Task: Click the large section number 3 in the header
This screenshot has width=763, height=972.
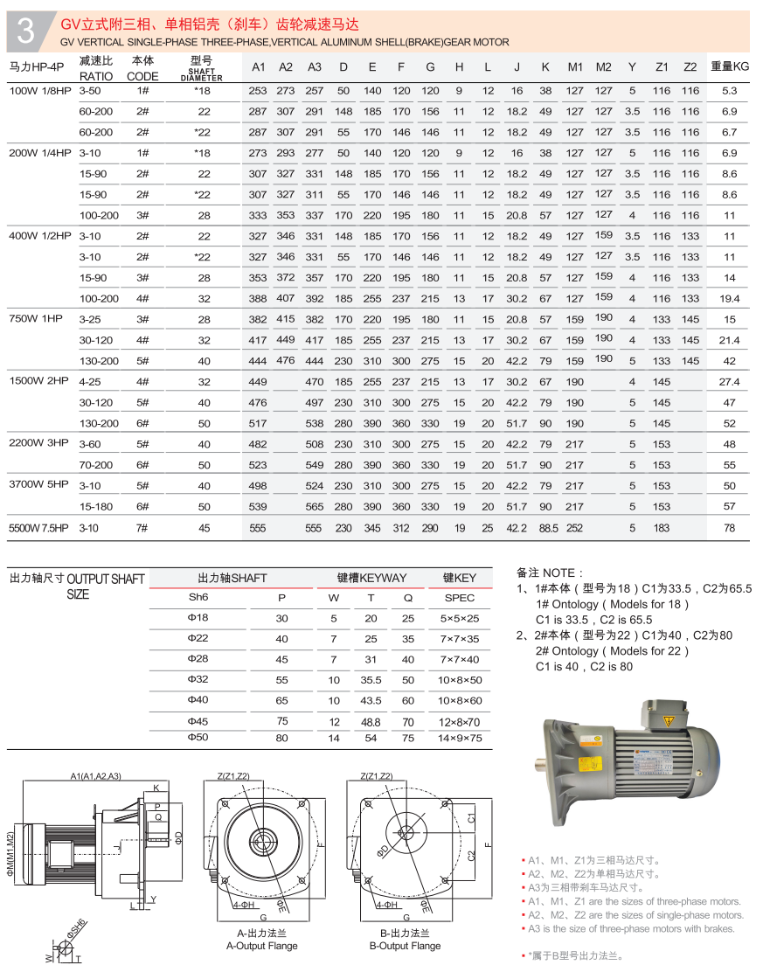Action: [26, 31]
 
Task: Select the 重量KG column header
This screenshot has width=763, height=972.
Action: [730, 66]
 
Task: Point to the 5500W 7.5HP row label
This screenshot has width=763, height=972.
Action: [38, 528]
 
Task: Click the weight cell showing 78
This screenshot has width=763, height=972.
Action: [730, 528]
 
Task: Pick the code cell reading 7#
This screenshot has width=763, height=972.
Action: [142, 528]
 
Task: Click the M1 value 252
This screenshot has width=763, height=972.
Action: [574, 528]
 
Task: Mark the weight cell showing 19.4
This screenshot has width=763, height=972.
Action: [730, 298]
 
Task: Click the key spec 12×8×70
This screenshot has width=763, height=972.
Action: [460, 722]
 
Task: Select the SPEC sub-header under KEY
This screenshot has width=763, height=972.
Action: [460, 598]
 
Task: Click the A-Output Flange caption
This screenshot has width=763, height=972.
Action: [261, 946]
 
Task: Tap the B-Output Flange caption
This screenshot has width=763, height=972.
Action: [405, 946]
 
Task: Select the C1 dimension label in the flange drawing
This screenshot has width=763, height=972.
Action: [470, 818]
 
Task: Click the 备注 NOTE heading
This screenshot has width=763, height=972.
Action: [545, 573]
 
